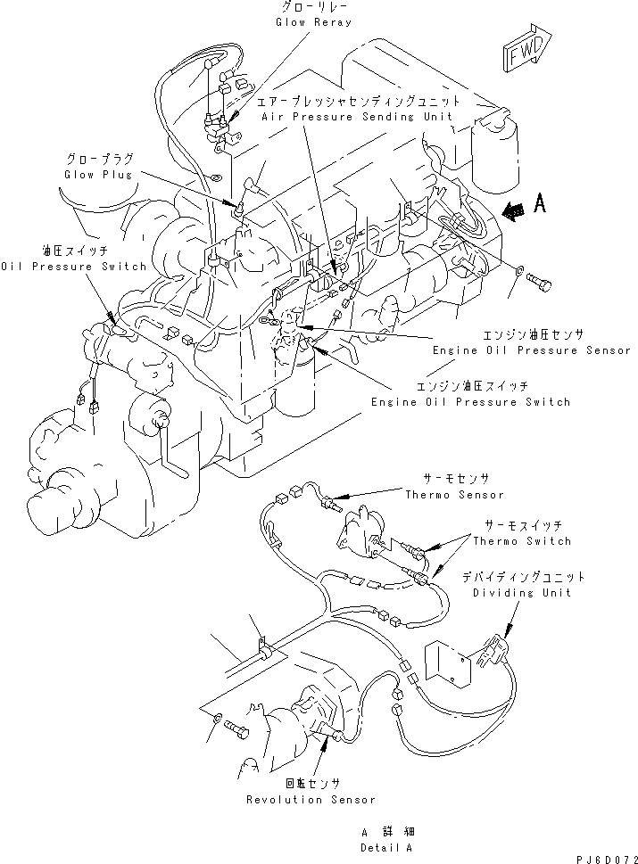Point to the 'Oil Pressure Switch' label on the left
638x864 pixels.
pyautogui.click(x=73, y=267)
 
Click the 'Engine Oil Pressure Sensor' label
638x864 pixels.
pyautogui.click(x=508, y=350)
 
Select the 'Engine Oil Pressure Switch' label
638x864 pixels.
pyautogui.click(x=471, y=402)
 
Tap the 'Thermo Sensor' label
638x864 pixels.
pyautogui.click(x=454, y=495)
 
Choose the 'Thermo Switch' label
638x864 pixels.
pyautogui.click(x=522, y=541)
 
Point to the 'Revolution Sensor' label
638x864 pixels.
pyautogui.click(x=311, y=800)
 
